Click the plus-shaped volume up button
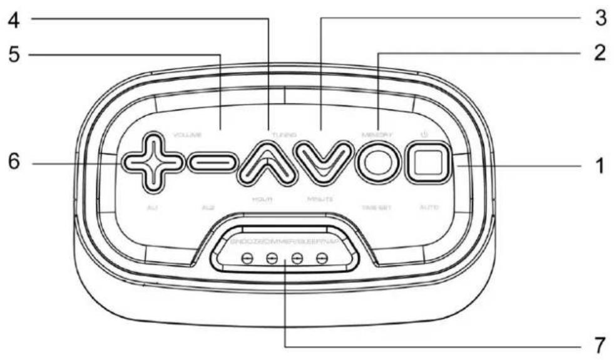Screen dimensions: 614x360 click(x=152, y=162)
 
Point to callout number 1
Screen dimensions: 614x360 click(x=598, y=168)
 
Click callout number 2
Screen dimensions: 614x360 click(x=598, y=53)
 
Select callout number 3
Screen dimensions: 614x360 click(x=600, y=18)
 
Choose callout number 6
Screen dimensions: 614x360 click(x=14, y=162)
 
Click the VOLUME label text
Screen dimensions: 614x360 click(x=188, y=135)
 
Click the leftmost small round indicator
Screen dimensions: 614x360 click(x=248, y=257)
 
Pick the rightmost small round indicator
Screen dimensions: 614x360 click(x=322, y=257)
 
